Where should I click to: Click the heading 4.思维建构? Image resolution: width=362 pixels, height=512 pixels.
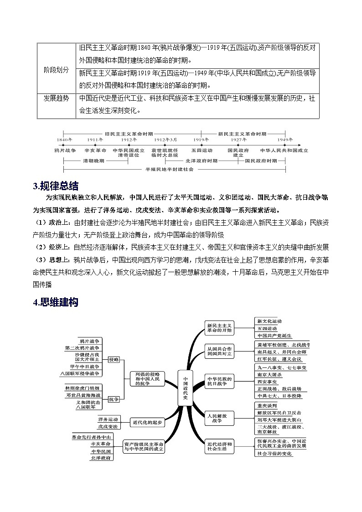point(56,302)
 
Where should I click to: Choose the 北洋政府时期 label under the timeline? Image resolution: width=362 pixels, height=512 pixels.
point(202,161)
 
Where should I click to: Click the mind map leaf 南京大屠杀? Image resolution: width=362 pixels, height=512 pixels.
point(269,374)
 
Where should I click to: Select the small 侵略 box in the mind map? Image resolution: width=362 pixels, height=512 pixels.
point(114,360)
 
